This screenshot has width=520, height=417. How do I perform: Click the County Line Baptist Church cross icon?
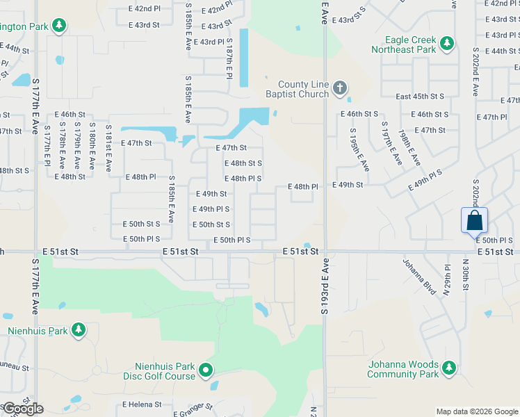pos(339,88)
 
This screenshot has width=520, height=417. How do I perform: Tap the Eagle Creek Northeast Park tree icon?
pos(446,44)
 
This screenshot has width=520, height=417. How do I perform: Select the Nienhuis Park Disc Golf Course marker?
pos(206,371)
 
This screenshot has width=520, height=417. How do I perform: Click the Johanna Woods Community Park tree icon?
pos(449,368)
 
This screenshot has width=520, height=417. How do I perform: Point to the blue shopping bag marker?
pos(474,221)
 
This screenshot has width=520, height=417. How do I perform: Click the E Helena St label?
pos(142,404)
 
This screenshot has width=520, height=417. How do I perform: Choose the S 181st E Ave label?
pos(108,147)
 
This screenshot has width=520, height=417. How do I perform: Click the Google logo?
pos(23,409)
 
